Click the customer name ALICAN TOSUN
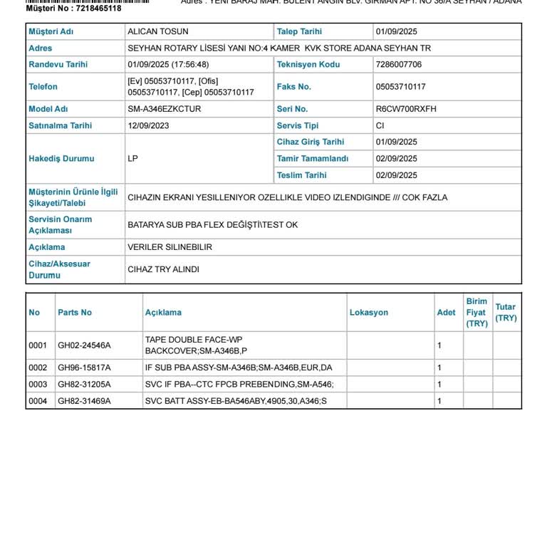point(157,32)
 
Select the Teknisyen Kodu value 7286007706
point(398,65)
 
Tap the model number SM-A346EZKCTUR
point(164,110)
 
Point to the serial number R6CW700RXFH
point(406,110)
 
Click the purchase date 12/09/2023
point(148,126)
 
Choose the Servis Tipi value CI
point(380,126)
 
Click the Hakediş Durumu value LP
point(132,159)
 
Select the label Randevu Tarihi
point(58,65)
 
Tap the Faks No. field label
point(293,87)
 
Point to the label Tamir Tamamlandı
point(312,159)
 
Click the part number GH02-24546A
point(84,345)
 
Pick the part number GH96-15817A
point(84,368)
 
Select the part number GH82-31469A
point(84,402)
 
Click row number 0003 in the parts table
point(38,385)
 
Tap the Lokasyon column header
point(368,313)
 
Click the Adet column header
point(446,313)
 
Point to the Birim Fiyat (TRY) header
point(476,313)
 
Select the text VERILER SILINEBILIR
point(170,248)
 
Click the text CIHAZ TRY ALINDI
point(163,270)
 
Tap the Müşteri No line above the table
point(73,9)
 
